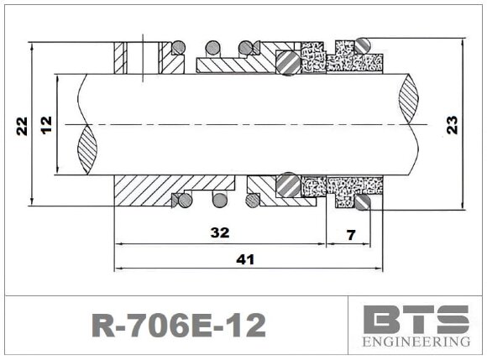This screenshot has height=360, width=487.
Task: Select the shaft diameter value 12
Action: [45, 125]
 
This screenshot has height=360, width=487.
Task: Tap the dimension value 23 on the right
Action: [453, 125]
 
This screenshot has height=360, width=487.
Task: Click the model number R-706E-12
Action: [177, 325]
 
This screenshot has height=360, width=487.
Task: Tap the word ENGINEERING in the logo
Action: [416, 342]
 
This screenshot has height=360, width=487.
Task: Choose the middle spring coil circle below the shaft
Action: [219, 200]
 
